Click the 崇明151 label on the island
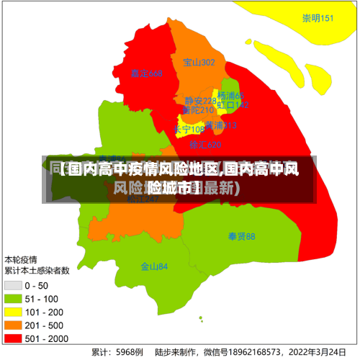tap(318, 19)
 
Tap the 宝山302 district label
tap(199, 63)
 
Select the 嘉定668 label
tap(147, 73)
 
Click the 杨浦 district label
tap(231, 96)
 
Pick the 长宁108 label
tap(189, 130)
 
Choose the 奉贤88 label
tap(241, 236)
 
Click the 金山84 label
tap(154, 266)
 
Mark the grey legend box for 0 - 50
tap(13, 286)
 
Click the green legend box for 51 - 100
tap(13, 299)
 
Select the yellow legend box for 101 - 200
tap(13, 312)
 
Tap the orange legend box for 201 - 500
tap(13, 325)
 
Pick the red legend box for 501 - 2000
tap(13, 338)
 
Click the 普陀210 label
tap(198, 110)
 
